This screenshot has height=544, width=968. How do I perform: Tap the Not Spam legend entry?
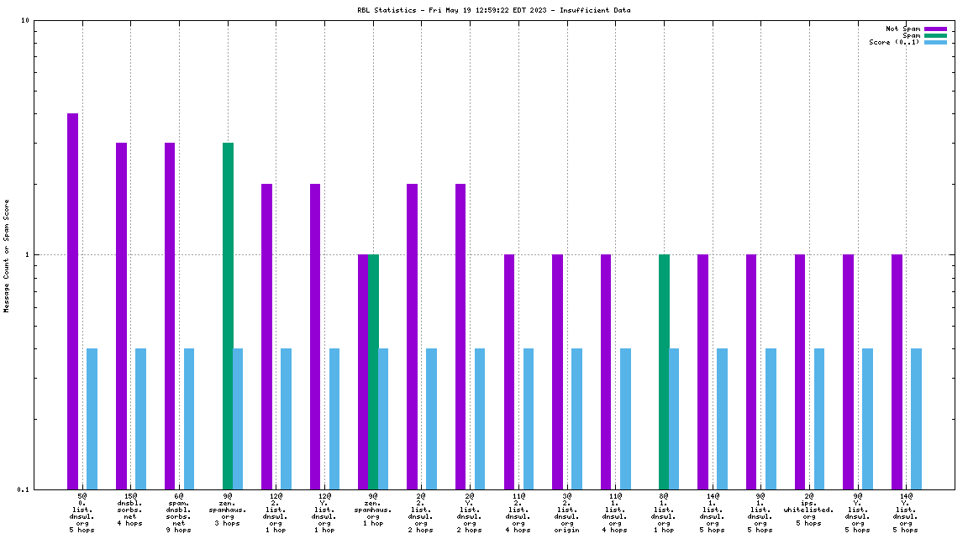(x=902, y=29)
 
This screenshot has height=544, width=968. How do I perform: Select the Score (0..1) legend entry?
(x=894, y=42)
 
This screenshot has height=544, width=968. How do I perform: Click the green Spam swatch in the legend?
(x=935, y=35)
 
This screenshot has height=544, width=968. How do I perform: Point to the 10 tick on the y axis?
(x=26, y=21)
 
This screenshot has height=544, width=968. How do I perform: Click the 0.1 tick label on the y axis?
(x=23, y=489)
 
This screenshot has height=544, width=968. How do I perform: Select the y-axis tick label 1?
(x=27, y=254)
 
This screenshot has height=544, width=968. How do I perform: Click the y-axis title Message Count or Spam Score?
(x=7, y=256)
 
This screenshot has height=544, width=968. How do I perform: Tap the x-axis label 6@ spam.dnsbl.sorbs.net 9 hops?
(x=179, y=513)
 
